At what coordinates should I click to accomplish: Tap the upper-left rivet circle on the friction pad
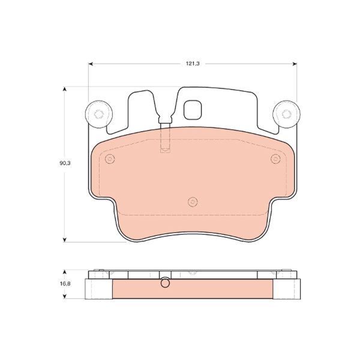tap(109, 158)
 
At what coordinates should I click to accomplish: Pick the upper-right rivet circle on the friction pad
tap(275, 158)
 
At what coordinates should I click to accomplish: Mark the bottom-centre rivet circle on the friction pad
tap(193, 201)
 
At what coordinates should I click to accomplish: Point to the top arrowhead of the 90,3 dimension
tap(64, 89)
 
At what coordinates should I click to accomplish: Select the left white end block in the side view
tap(100, 289)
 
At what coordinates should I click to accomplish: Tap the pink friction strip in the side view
tap(193, 290)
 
